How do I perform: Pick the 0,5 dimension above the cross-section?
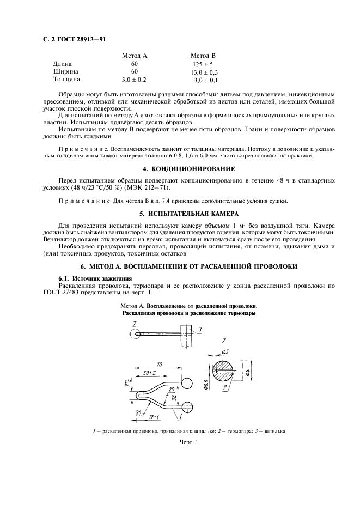coord(225,351)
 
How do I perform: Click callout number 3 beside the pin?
coord(200,330)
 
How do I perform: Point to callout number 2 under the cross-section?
coord(224,388)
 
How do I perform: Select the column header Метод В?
coord(203,56)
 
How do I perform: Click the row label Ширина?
coord(65,71)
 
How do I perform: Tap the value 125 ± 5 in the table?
coord(204,64)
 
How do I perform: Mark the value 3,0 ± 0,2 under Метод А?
coord(134,80)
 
